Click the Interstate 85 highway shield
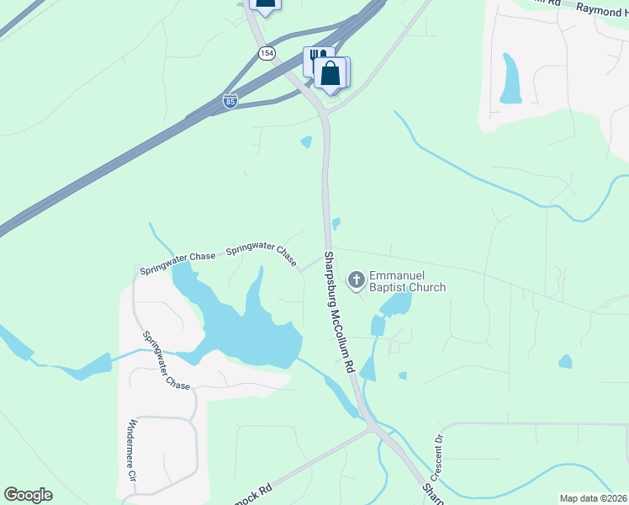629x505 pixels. pos(230,101)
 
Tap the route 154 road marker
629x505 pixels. pos(267,53)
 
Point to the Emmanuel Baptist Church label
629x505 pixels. pos(407,281)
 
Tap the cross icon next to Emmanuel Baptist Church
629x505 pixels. pos(357,280)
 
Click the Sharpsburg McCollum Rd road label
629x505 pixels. pos(339,313)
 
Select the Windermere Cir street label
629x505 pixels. pos(132,449)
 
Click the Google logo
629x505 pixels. pos(29,495)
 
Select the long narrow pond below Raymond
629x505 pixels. pos(510,80)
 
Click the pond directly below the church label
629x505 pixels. pos(395,304)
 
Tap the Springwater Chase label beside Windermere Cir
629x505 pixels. pos(164,360)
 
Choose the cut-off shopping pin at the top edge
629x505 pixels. pos(264,4)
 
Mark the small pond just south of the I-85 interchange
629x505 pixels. pos(306,141)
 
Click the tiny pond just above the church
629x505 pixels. pos(336,223)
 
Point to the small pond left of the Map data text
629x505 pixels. pos(564,361)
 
